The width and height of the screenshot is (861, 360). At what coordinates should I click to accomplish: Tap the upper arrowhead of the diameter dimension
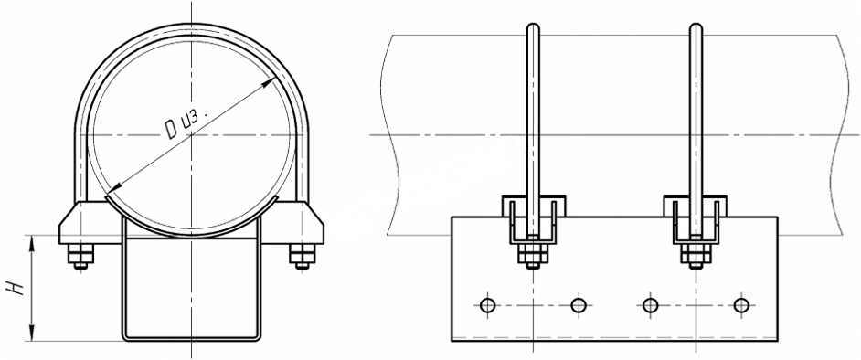[269, 81]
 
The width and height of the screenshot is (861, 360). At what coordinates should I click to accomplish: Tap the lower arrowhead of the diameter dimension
[112, 190]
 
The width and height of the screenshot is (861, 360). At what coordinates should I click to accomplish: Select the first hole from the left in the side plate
[487, 304]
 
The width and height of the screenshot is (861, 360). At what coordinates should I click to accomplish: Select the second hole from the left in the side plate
[579, 304]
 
